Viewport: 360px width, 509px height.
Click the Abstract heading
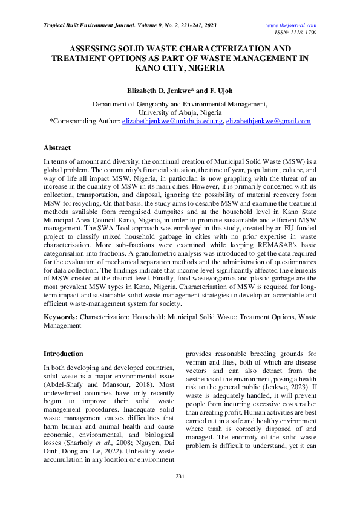point(57,148)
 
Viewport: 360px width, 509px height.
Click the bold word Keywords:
point(61,317)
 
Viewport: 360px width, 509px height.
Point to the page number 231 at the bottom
point(180,476)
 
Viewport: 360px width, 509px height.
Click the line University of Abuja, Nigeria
point(180,112)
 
